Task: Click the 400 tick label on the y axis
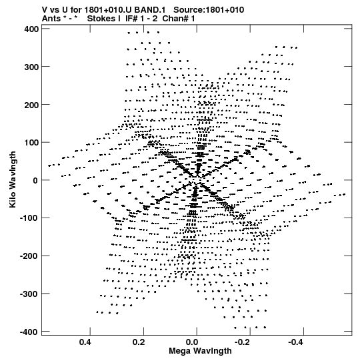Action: click(x=31, y=29)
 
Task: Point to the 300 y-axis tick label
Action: click(x=31, y=67)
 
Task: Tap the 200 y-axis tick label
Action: click(x=31, y=105)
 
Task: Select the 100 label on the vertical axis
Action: click(x=31, y=143)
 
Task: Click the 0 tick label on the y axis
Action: click(x=35, y=181)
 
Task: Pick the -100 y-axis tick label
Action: click(x=29, y=218)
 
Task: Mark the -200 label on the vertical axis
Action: click(x=29, y=256)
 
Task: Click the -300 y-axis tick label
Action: click(x=29, y=294)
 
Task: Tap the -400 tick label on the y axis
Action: click(x=29, y=332)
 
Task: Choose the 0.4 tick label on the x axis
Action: click(x=85, y=342)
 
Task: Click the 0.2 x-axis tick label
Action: click(x=139, y=342)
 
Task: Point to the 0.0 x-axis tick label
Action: click(x=192, y=342)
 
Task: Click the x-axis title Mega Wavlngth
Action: click(x=200, y=351)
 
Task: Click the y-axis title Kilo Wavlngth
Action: click(x=13, y=179)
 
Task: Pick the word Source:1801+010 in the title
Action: click(x=209, y=10)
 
